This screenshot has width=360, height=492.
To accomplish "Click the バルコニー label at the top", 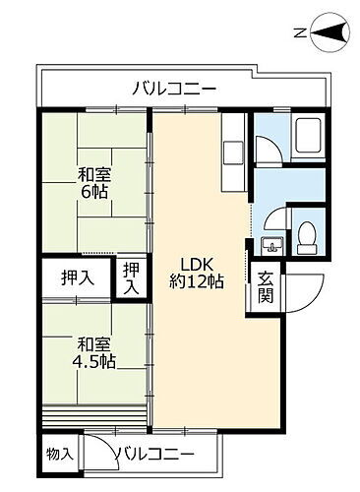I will coord(175,90).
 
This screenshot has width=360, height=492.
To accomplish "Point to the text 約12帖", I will coord(196,281).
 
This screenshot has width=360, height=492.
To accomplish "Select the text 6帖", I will coord(95,193).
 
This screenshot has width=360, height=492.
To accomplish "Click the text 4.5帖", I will coord(95,361).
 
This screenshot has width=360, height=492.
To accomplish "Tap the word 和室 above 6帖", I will coord(95,175).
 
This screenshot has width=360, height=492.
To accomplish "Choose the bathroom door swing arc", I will coord(268,148).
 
